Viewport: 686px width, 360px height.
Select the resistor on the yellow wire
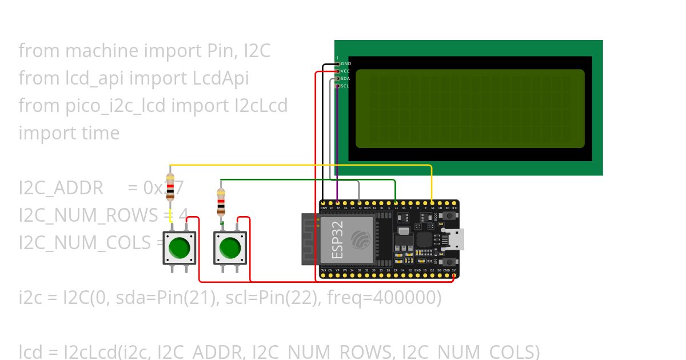[170, 186]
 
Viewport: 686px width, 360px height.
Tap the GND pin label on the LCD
[345, 63]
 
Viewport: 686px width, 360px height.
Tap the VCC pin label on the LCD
[345, 71]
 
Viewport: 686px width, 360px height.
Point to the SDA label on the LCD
[345, 78]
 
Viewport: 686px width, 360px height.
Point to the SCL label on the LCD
[345, 86]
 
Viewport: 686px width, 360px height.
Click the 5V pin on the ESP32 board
[453, 275]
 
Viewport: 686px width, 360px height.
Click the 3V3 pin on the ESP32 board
[324, 275]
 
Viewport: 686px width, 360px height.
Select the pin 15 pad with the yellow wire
[432, 203]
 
